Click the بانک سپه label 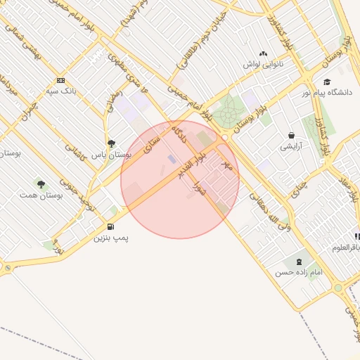tap(60, 91)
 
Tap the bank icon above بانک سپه tap(60, 80)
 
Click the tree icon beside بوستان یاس tap(112, 143)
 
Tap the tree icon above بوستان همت tap(41, 184)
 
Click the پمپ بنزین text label tap(111, 238)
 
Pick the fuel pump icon tap(111, 226)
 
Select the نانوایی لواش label tap(263, 64)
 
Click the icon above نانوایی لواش tap(263, 53)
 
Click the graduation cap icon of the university tap(326, 82)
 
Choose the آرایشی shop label tap(291, 146)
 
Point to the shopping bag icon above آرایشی tap(291, 135)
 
